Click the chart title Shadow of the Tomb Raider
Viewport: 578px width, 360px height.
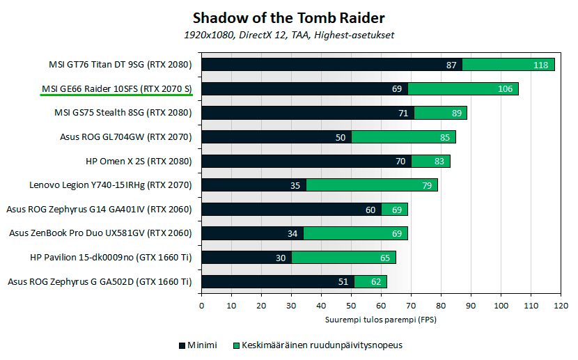click(x=288, y=17)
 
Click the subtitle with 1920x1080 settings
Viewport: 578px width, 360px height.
click(x=288, y=34)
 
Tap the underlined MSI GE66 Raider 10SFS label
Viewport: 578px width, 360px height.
click(x=116, y=88)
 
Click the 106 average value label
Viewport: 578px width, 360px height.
click(x=505, y=89)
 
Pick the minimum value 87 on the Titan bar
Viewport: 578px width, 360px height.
click(x=451, y=65)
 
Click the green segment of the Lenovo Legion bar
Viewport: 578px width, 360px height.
click(x=372, y=185)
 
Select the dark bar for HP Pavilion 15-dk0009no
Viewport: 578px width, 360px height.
click(x=246, y=258)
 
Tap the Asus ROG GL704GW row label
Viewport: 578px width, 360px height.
click(x=126, y=137)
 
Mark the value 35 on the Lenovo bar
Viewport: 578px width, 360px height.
click(x=295, y=185)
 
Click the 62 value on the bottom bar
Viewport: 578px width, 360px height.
click(x=376, y=282)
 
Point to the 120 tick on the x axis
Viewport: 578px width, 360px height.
click(x=561, y=305)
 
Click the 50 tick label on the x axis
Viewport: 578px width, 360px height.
click(x=351, y=305)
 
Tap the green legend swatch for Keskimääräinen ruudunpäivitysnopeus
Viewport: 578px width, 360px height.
click(x=235, y=345)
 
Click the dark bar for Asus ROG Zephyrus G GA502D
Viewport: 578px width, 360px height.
click(x=277, y=282)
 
